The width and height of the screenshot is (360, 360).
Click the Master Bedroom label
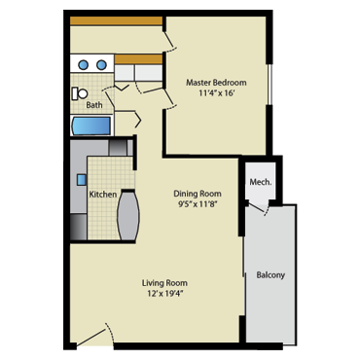tap(216, 83)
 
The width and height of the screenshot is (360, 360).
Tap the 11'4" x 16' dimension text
tap(216, 93)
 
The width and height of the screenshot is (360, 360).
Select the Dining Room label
tap(198, 194)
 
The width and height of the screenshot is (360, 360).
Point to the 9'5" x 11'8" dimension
tap(198, 204)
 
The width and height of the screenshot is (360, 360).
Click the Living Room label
tap(164, 283)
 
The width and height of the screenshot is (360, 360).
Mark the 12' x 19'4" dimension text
tap(164, 294)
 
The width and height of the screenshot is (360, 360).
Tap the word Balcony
tap(270, 275)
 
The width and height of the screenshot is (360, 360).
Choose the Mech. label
tap(261, 182)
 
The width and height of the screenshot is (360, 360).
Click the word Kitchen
tap(103, 195)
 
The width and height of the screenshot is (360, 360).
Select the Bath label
tap(94, 105)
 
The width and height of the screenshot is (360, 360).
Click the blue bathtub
tap(91, 126)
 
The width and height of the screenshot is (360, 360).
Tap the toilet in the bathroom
tap(80, 93)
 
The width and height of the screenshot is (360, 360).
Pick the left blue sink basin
tap(84, 65)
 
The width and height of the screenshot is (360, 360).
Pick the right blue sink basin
tap(101, 65)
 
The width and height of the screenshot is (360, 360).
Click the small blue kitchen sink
tap(82, 180)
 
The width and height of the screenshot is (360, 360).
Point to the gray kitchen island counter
tap(128, 216)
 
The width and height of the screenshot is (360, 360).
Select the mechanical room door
tap(259, 207)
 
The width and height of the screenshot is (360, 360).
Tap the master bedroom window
tap(269, 84)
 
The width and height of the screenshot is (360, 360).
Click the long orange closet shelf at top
tap(116, 20)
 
